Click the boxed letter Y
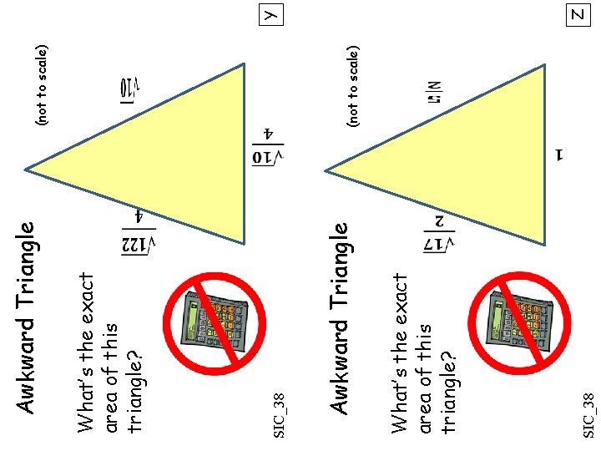(x=271, y=14)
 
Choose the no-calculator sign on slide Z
(x=519, y=321)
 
